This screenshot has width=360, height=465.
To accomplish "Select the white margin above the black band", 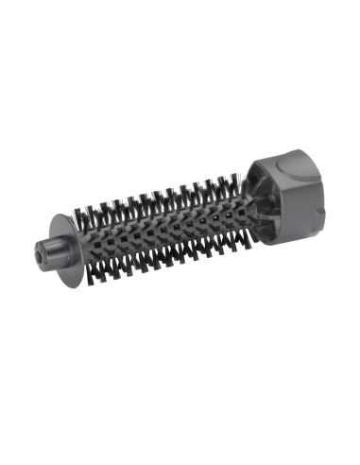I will pyautogui.click(x=180, y=57).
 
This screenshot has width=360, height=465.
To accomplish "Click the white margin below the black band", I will pyautogui.click(x=180, y=406).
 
